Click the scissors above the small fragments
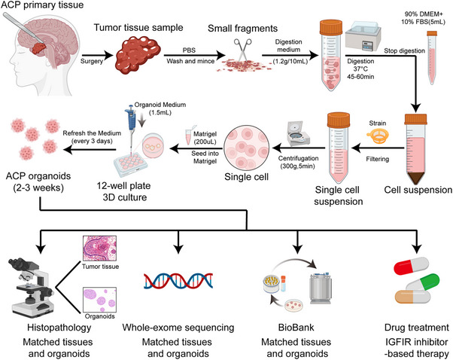pos(242,49)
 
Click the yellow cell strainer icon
pos(378,136)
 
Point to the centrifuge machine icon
pos(298,134)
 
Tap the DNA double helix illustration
pos(178,281)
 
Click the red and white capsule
pos(411,265)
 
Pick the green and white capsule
pos(423,282)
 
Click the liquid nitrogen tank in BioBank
pos(321,288)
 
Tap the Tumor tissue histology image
pos(100,249)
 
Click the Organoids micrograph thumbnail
pos(99,300)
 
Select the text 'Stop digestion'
pos(405,51)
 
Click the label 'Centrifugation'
pos(299,158)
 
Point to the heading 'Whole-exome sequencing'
pos(178,328)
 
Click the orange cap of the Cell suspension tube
pos(415,119)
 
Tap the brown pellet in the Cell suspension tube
pos(415,178)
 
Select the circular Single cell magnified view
pos(246,148)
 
